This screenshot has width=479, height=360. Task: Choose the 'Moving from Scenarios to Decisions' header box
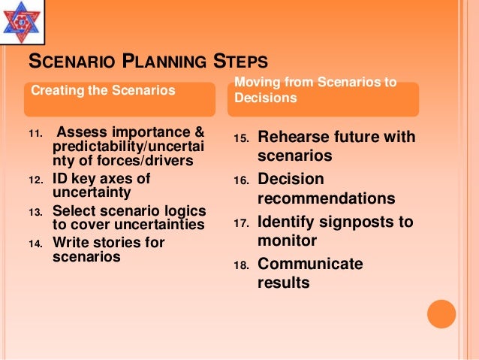pos(333,90)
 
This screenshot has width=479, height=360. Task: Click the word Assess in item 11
pos(83,133)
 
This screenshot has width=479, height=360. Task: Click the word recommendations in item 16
pos(326,199)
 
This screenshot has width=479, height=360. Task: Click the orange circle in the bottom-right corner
pos(441,313)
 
